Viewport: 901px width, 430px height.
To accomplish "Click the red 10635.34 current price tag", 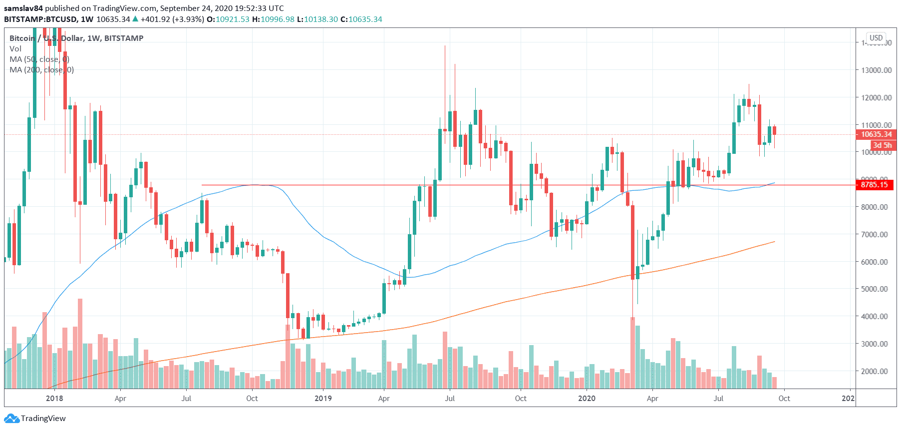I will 876,134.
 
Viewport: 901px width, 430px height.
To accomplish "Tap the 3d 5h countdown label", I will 882,145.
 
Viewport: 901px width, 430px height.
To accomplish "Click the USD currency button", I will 876,38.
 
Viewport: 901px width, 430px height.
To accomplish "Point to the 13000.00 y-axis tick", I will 877,70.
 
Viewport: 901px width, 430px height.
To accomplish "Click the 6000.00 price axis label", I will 877,262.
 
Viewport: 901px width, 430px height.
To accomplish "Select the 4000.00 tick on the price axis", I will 877,316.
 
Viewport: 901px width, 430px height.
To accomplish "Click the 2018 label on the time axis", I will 54,399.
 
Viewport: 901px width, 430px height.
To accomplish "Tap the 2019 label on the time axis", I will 323,399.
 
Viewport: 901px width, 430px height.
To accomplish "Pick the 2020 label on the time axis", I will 587,399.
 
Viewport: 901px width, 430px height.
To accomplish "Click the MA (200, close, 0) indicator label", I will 41,70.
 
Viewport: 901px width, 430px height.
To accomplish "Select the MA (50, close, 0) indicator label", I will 39,59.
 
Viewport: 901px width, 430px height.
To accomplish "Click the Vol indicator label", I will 15,49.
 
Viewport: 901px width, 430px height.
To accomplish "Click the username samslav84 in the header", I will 23,8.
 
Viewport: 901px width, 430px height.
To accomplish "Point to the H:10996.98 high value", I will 273,19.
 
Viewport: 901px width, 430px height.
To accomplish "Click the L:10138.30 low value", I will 317,19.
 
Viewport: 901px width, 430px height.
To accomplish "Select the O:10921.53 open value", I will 228,19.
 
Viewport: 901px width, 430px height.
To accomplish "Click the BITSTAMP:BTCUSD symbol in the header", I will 40,19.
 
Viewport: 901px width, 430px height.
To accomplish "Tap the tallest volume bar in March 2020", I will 632,353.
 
